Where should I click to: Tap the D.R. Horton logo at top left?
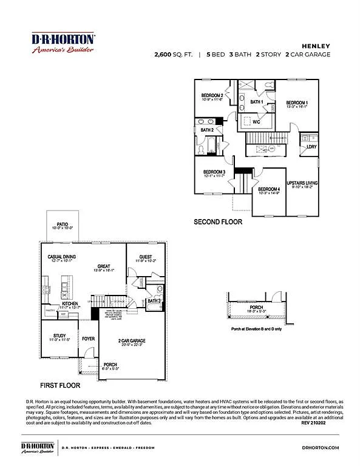(63, 42)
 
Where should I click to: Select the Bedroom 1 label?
(297, 103)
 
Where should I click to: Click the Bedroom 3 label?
(214, 172)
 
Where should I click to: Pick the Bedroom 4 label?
(268, 190)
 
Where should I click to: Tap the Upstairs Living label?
(302, 183)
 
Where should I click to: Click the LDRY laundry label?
(311, 146)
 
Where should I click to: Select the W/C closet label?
(256, 121)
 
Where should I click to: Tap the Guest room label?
(145, 257)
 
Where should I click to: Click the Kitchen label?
(70, 303)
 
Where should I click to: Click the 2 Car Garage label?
(132, 341)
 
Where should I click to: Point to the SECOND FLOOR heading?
(217, 222)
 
